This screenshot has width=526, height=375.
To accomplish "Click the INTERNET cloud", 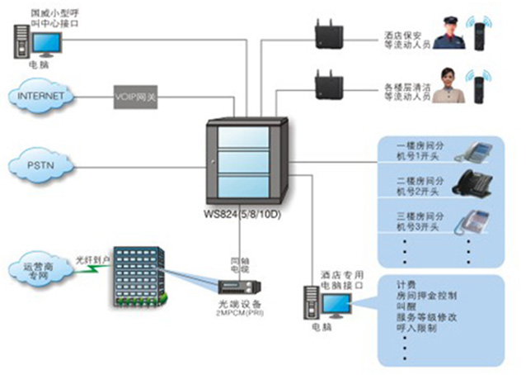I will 41,95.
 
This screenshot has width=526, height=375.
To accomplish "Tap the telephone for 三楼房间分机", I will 473,220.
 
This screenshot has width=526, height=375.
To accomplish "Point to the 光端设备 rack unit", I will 239,287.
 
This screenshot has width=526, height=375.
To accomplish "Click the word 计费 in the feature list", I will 406,281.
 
